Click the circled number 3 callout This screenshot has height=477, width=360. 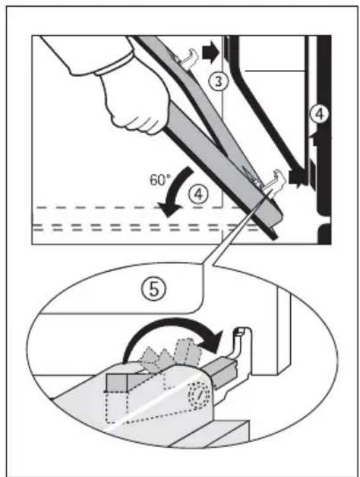[218, 82]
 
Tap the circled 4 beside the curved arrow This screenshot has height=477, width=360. [198, 194]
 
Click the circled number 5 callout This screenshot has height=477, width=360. [154, 289]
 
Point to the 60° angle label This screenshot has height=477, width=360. [158, 180]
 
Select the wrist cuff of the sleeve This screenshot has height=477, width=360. [114, 65]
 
